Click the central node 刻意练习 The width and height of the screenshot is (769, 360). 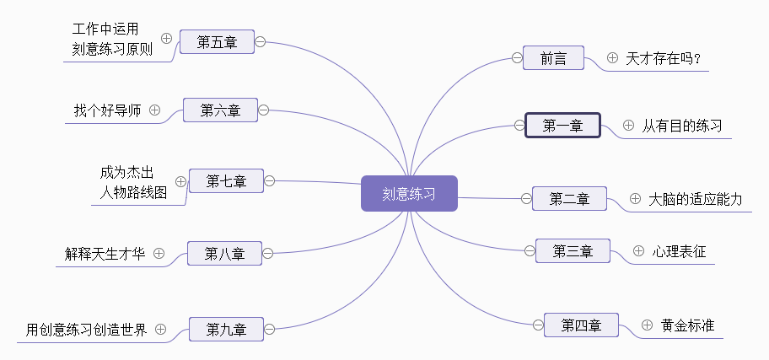[409, 194]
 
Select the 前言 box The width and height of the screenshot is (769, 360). [553, 58]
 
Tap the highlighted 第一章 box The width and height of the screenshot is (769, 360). [562, 126]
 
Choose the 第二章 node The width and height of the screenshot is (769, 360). [569, 199]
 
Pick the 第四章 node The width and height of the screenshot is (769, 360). [581, 325]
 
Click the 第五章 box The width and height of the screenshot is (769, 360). [217, 42]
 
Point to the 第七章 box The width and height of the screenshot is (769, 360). [226, 181]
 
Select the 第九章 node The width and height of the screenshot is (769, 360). [226, 329]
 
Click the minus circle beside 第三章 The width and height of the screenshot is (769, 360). [530, 251]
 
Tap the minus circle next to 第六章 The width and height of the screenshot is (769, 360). [263, 110]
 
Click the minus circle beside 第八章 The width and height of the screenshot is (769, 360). [268, 253]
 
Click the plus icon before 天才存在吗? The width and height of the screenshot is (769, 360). [612, 58]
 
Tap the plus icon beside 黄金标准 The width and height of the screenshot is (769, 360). [648, 325]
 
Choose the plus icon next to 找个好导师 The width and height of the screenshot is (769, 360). [154, 110]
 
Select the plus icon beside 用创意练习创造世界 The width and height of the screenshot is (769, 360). [160, 329]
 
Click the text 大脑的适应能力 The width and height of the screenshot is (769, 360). [695, 199]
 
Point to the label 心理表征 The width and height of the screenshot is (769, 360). [679, 251]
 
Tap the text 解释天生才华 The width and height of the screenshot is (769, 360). [105, 254]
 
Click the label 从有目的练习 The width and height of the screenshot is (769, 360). [681, 126]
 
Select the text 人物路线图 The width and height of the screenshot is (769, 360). [133, 192]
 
